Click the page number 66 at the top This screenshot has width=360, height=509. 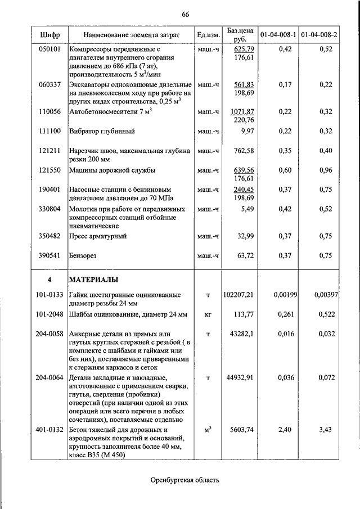pyautogui.click(x=185, y=14)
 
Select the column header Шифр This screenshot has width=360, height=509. pyautogui.click(x=50, y=35)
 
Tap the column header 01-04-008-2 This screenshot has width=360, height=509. pyautogui.click(x=319, y=35)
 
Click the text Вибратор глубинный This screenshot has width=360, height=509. pyautogui.click(x=102, y=131)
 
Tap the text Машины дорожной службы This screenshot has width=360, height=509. pyautogui.click(x=112, y=170)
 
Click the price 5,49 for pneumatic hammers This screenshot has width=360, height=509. pyautogui.click(x=247, y=209)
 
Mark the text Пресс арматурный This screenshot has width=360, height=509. pyautogui.click(x=97, y=236)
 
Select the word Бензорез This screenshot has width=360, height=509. pyautogui.click(x=83, y=255)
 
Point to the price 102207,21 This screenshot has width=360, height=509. pyautogui.click(x=238, y=295)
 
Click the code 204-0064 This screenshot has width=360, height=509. pyautogui.click(x=50, y=377)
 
